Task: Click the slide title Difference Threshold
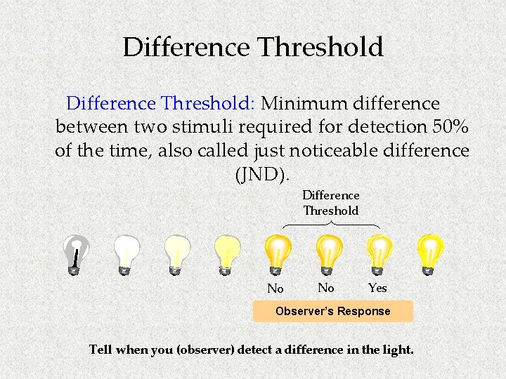tap(253, 47)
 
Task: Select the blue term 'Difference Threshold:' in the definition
tap(160, 104)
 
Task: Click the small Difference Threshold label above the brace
tap(331, 203)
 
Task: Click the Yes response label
tap(377, 288)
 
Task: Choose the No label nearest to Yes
tap(326, 288)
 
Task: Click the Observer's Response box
tap(332, 311)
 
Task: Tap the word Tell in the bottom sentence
tap(101, 349)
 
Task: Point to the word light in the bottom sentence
tap(396, 349)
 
